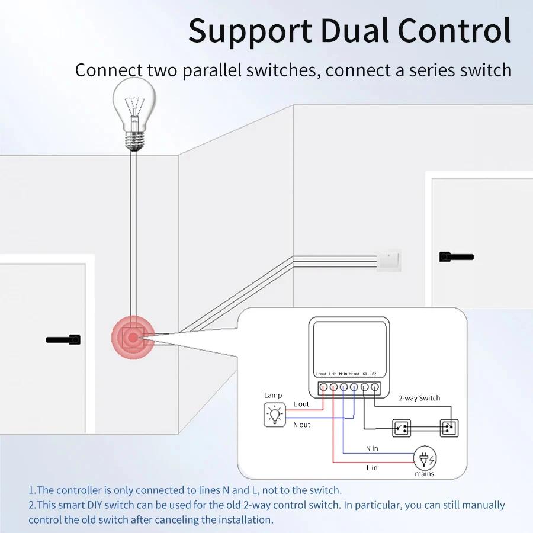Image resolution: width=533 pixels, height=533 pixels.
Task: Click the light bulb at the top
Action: point(136,113)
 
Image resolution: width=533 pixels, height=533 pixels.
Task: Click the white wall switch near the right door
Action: point(388,261)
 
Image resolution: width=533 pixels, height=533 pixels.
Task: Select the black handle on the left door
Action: point(63,340)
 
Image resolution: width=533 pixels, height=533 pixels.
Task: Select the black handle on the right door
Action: point(456,257)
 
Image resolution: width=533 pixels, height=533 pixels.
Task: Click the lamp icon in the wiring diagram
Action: point(274,415)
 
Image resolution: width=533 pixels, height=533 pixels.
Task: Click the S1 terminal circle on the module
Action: point(365,387)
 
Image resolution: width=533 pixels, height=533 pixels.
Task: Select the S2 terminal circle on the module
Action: point(375,387)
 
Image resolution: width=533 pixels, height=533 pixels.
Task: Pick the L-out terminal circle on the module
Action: point(323,387)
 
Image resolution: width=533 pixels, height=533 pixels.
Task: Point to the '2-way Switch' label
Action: point(419,398)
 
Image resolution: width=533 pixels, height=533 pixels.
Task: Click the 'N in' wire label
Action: point(372,448)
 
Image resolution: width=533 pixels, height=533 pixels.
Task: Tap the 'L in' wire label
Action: point(372,468)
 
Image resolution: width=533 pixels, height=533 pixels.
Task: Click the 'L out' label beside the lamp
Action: point(301,404)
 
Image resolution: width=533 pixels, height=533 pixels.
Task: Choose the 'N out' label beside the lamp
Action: point(301,425)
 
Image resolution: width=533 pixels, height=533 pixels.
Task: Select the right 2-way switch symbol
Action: point(448,427)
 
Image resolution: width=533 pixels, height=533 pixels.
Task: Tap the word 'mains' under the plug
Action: point(424,474)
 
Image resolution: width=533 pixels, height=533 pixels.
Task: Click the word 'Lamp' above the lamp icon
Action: point(273,395)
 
